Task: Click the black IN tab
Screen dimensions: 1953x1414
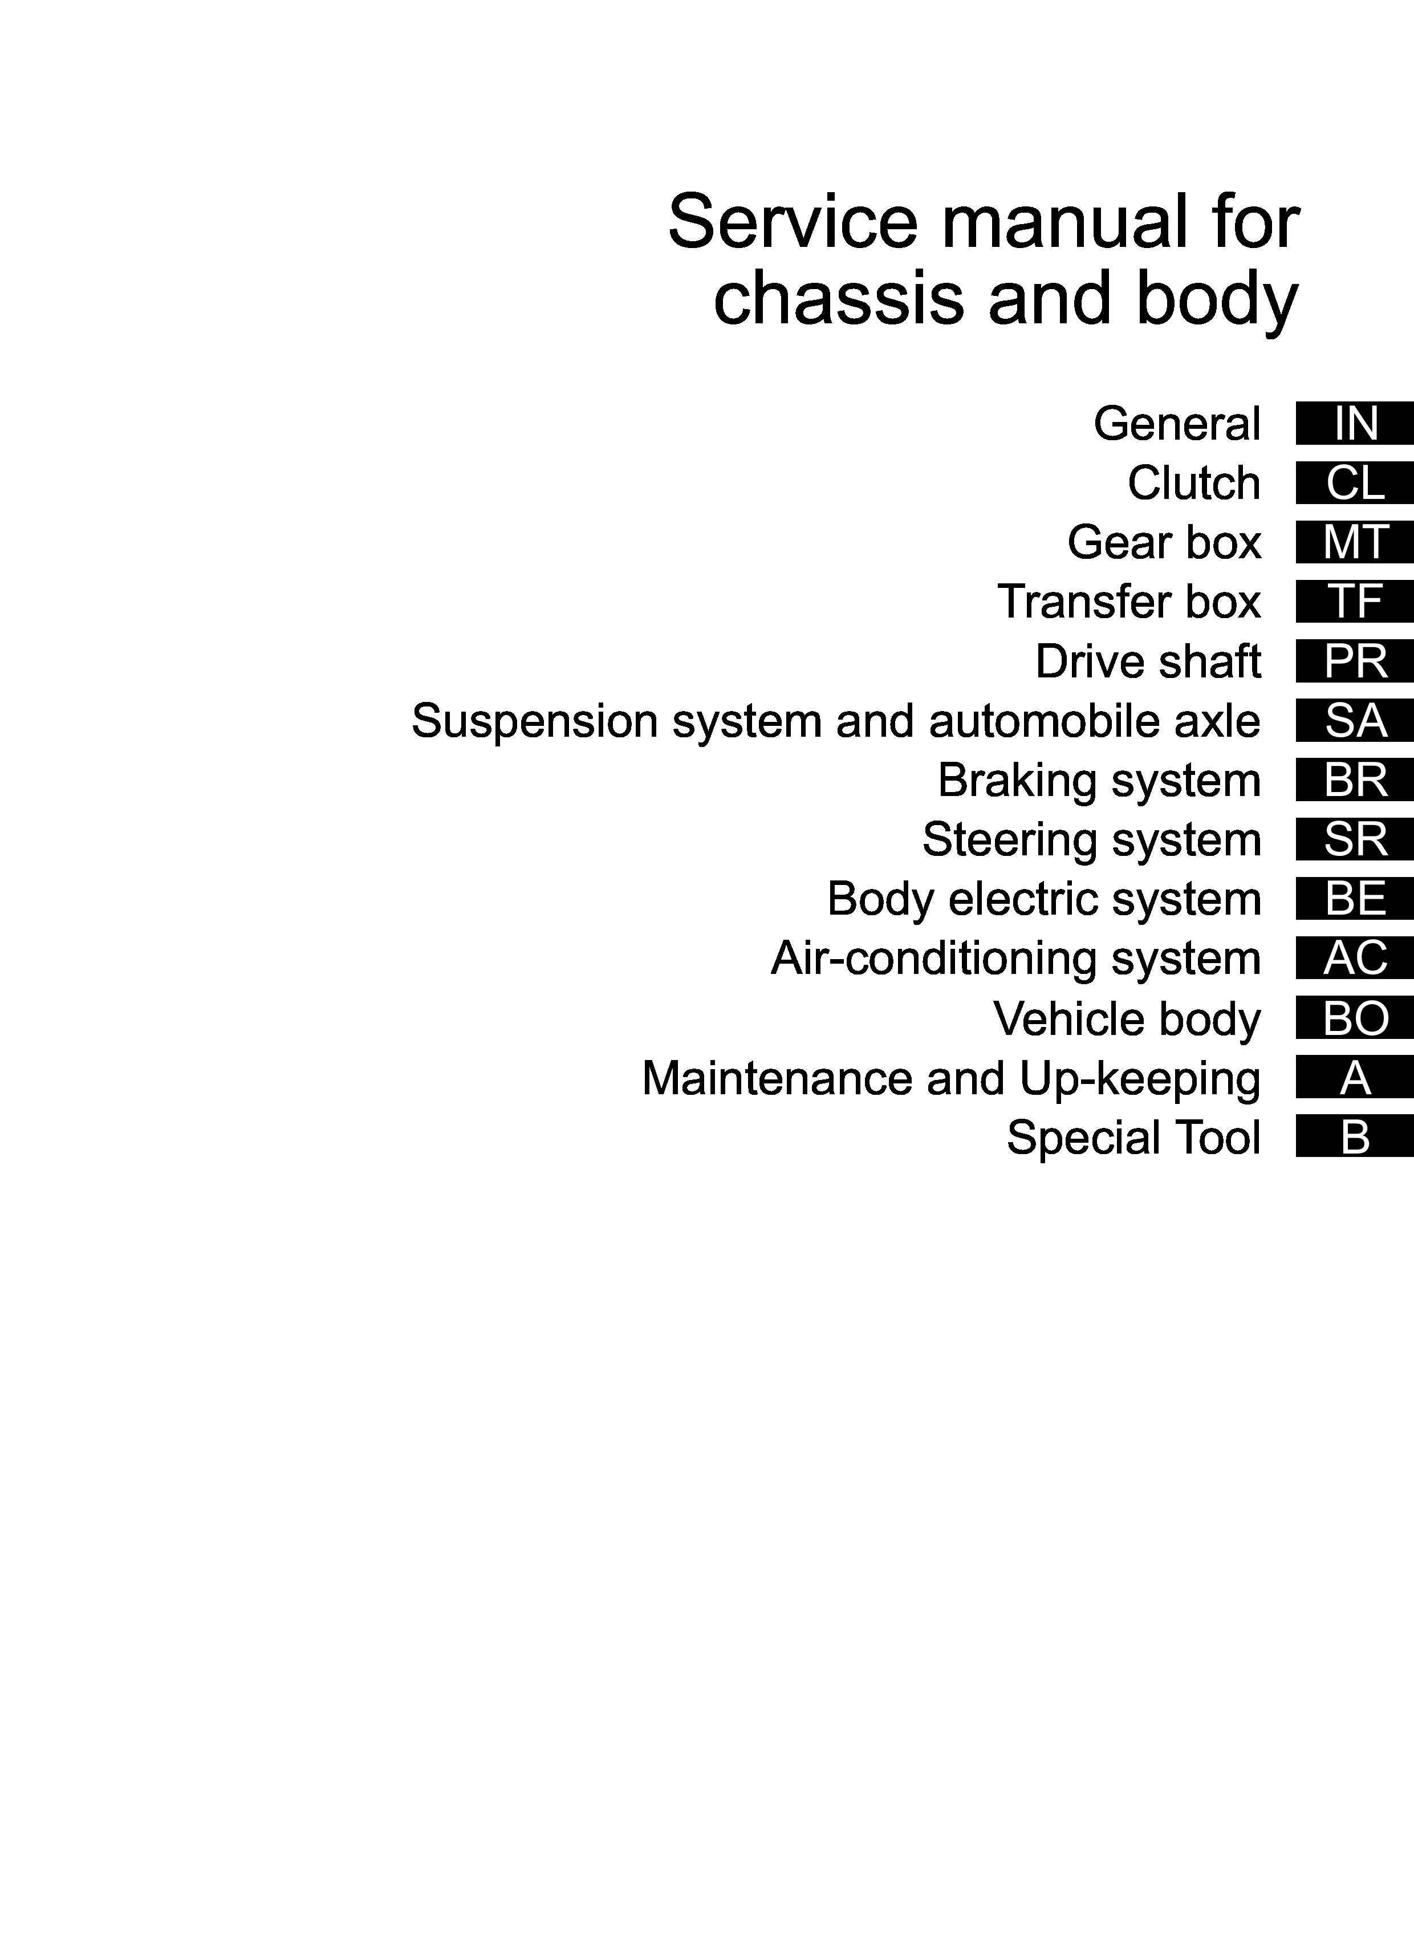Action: click(x=1355, y=424)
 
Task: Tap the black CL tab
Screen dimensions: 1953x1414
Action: click(x=1355, y=483)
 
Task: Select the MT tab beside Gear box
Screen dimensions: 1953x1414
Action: click(x=1355, y=542)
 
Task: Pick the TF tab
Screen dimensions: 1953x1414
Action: click(x=1355, y=602)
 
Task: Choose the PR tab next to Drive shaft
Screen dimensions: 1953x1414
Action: click(x=1355, y=661)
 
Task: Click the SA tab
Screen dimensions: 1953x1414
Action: click(x=1355, y=721)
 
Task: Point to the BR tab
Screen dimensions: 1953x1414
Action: click(x=1355, y=780)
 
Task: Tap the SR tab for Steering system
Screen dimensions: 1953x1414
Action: click(x=1355, y=839)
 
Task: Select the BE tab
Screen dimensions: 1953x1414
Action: click(x=1355, y=899)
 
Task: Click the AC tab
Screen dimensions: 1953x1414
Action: click(x=1355, y=959)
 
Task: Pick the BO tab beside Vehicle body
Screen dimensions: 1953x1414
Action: click(x=1355, y=1018)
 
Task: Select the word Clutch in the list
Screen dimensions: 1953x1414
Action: click(x=1193, y=483)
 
